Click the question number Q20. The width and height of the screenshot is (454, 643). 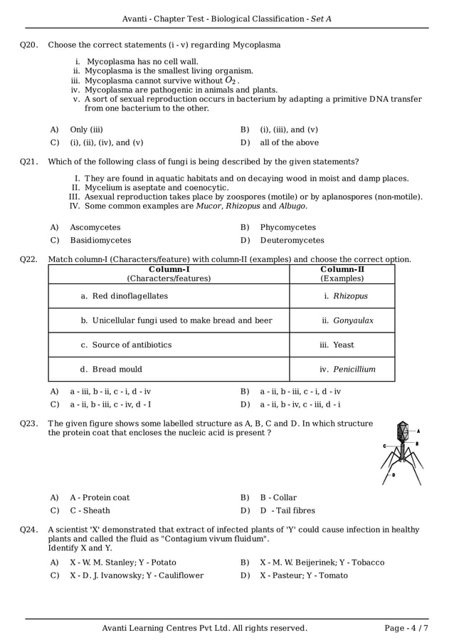tap(28, 45)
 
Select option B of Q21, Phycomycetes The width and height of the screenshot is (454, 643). tap(287, 227)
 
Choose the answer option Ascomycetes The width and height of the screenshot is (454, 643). tap(95, 227)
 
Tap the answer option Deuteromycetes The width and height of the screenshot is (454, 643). tap(292, 241)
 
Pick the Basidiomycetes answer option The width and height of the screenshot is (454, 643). tap(100, 241)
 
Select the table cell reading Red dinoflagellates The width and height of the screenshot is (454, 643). tap(125, 296)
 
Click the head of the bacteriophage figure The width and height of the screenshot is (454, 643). tap(402, 430)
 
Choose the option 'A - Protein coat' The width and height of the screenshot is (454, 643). tap(100, 498)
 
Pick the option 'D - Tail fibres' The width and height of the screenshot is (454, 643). tap(287, 511)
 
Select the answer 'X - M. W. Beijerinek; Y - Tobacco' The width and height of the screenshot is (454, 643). tap(322, 563)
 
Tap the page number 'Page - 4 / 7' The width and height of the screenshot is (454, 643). tap(406, 628)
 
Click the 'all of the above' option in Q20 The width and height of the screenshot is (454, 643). tap(289, 142)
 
